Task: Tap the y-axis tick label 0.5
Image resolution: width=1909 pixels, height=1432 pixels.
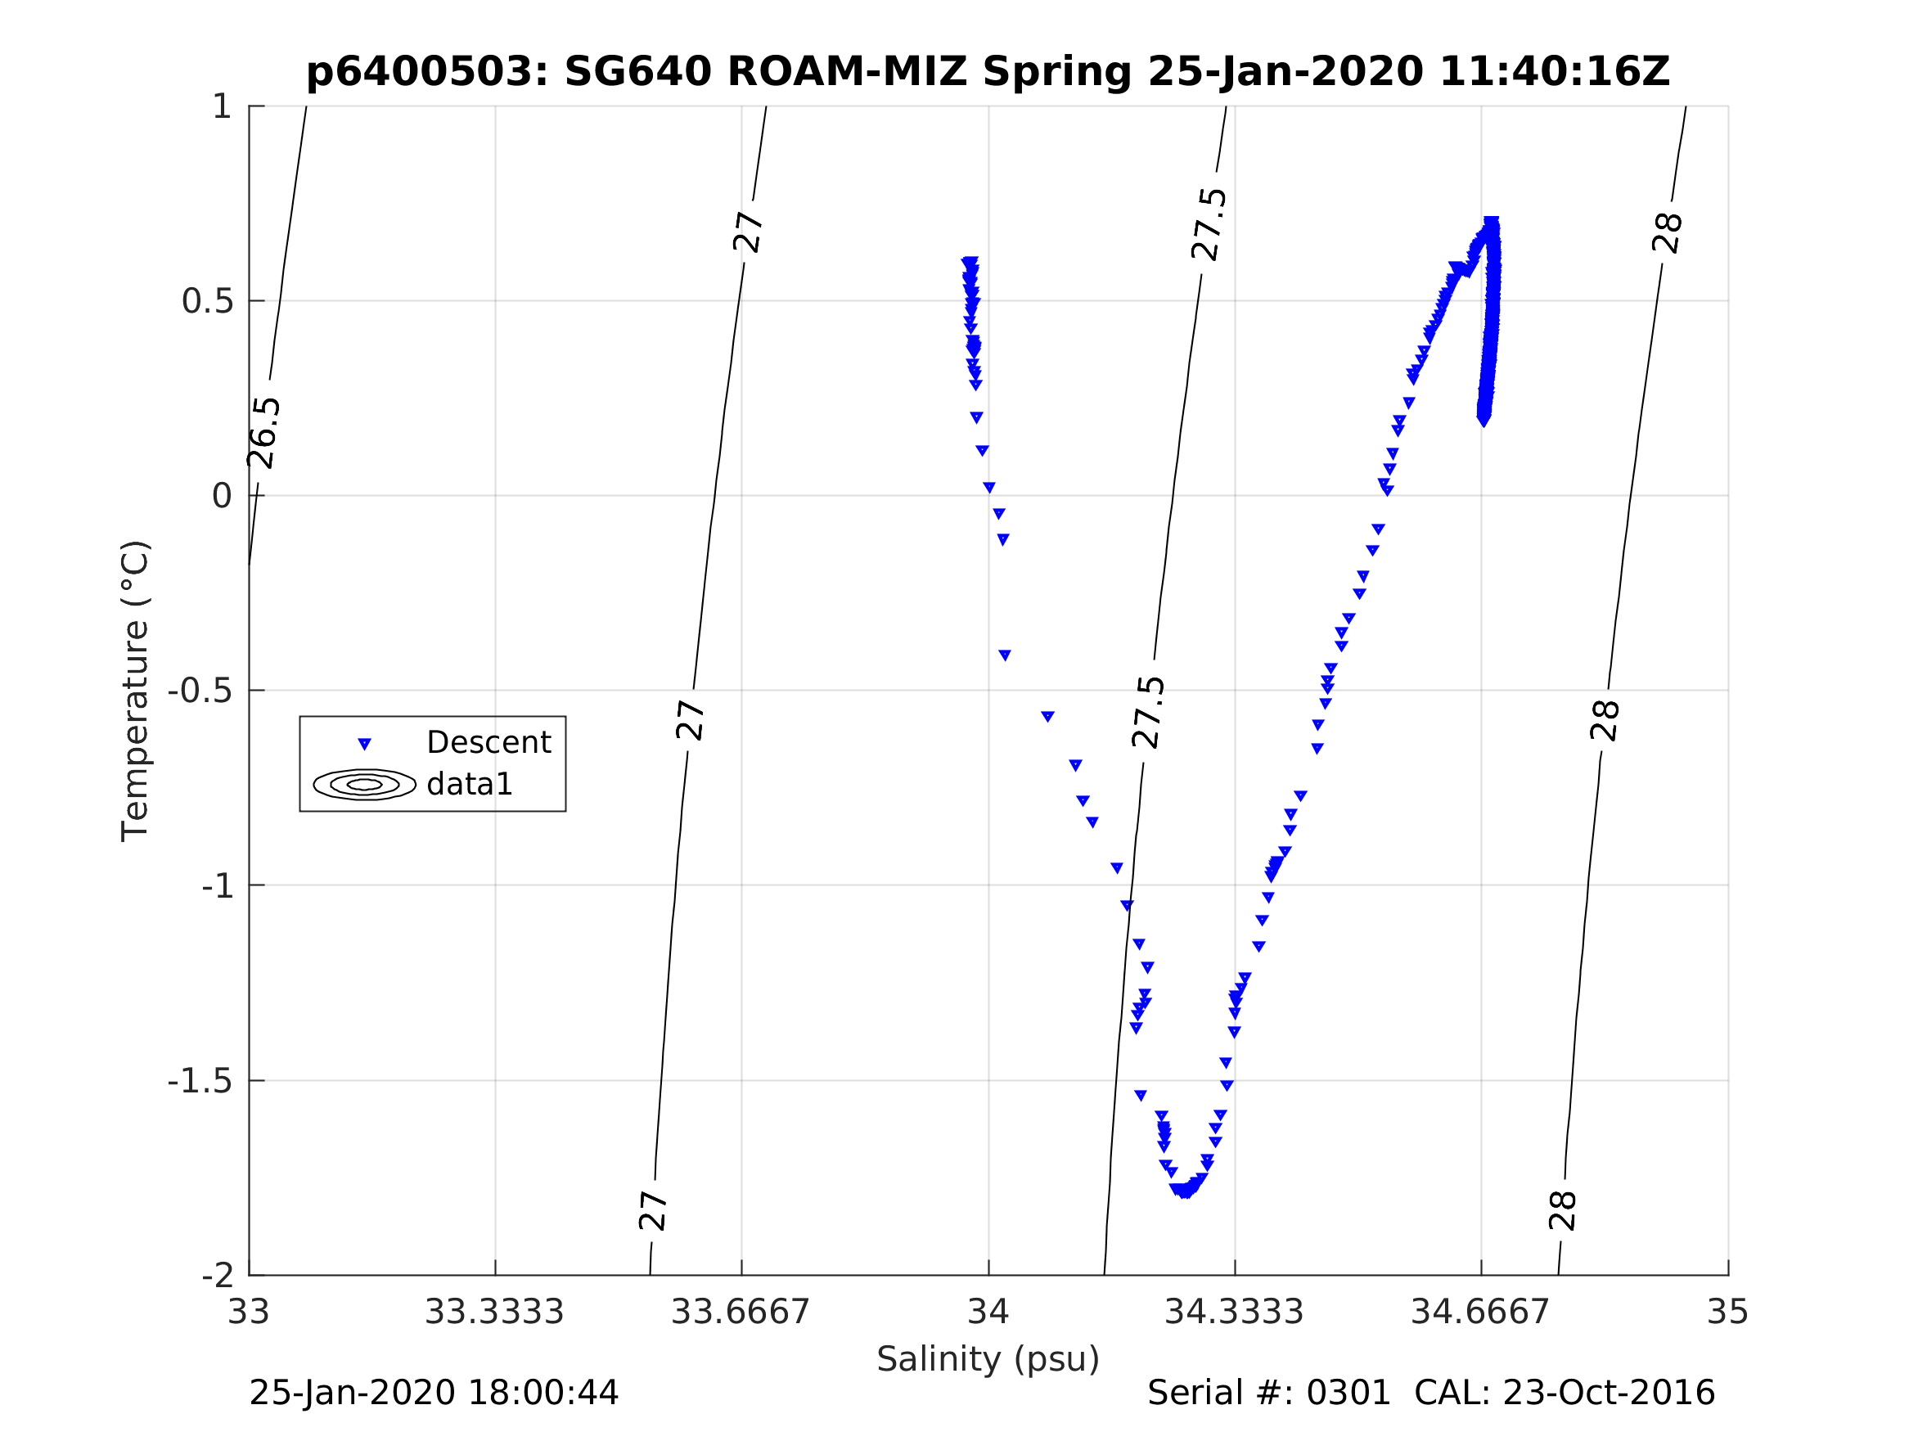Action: [x=207, y=301]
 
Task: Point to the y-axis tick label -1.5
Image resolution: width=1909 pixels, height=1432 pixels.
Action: [x=200, y=1082]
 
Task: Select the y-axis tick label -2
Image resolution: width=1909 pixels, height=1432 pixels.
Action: [x=218, y=1276]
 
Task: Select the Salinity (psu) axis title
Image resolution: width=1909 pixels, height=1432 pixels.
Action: [x=988, y=1359]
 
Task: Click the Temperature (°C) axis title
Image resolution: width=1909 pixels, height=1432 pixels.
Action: [x=136, y=691]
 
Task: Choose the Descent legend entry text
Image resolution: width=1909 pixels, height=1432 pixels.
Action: [x=489, y=742]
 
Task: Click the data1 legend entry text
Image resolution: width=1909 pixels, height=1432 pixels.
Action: [x=470, y=785]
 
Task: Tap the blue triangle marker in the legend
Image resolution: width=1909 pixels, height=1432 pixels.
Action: [x=364, y=744]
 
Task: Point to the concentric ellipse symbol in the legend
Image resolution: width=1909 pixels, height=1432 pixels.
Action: [x=364, y=785]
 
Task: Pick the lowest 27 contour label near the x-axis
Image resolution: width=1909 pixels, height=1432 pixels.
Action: [x=653, y=1211]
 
